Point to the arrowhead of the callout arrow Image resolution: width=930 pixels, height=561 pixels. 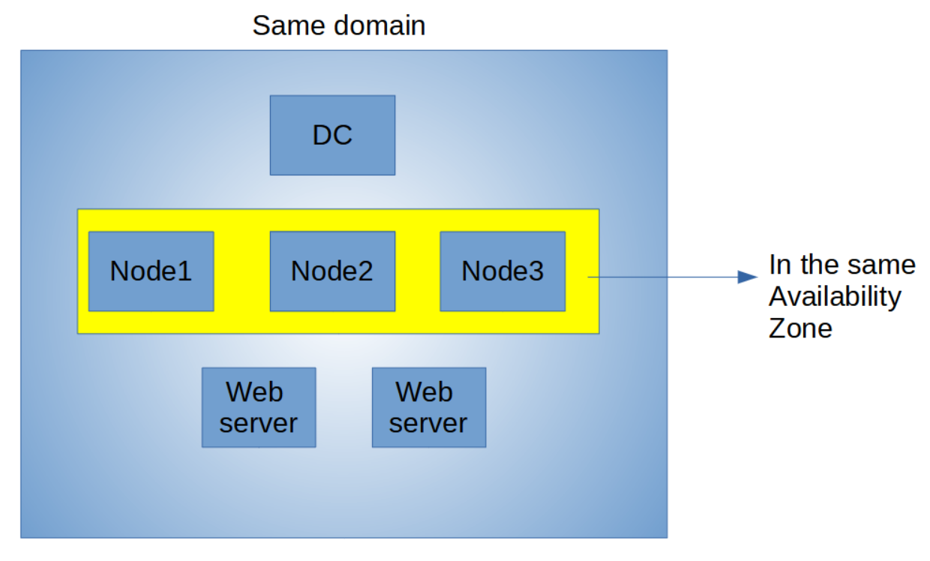tap(748, 277)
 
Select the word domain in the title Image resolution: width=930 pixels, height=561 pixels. tap(379, 25)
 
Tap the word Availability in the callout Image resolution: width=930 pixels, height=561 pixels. tap(835, 297)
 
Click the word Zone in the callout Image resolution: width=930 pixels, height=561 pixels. tap(800, 328)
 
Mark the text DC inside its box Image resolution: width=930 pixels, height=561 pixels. tap(332, 135)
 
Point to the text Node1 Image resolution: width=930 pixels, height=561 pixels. tap(151, 271)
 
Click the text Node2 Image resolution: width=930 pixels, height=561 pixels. tap(332, 271)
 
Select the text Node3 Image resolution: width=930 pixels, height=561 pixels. tap(502, 271)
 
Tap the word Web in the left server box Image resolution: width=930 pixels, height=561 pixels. tap(255, 391)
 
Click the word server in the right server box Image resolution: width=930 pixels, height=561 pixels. tap(428, 423)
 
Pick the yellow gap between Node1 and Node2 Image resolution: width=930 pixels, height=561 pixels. tap(241, 271)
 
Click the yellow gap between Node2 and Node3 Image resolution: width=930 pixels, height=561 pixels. tap(417, 271)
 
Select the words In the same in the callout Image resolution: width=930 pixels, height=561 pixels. tap(842, 265)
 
